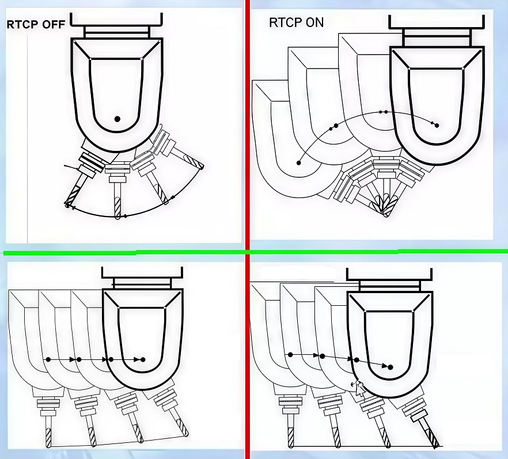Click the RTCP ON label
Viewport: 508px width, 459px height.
pos(297,23)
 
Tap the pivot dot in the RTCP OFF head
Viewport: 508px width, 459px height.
pos(117,119)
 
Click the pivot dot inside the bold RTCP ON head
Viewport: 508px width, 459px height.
pos(437,125)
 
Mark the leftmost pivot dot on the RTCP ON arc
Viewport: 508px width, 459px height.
pos(298,163)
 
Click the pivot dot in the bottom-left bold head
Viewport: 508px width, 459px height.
pos(143,359)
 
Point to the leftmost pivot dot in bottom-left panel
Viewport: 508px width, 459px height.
pos(48,359)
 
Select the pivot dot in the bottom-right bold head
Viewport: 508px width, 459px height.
pos(391,367)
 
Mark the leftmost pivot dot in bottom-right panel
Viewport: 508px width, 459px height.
pos(290,355)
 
